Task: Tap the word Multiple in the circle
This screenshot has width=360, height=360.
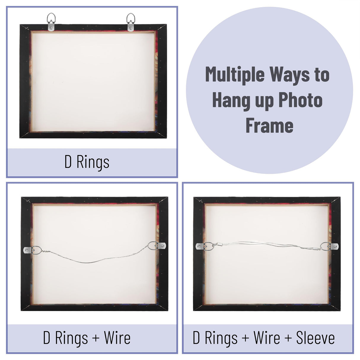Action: coord(234,75)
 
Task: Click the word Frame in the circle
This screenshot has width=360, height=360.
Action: coord(269,126)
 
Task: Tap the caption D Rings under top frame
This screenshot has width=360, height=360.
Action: coord(87,162)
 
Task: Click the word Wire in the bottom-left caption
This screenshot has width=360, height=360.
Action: coord(117,338)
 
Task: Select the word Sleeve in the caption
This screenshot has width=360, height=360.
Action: coord(315,338)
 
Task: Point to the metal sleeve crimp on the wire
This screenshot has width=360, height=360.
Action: coord(220,245)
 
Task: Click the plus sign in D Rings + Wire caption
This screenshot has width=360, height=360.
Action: coord(95,338)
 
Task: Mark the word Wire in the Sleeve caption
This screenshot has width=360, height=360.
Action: coord(267,338)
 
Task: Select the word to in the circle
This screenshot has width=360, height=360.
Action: coord(322,75)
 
